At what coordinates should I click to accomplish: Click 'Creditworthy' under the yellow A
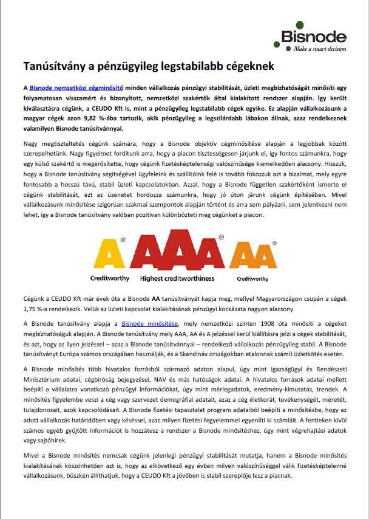click(x=109, y=278)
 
